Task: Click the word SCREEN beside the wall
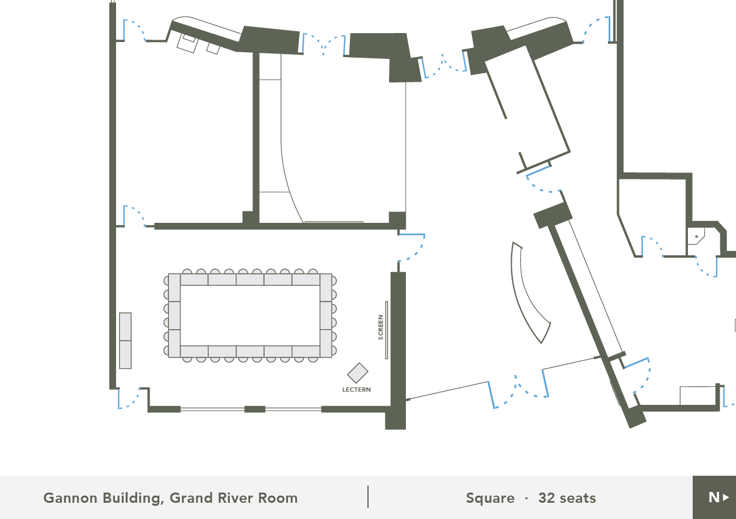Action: (381, 327)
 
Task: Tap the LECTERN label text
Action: (357, 390)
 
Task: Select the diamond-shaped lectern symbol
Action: (358, 373)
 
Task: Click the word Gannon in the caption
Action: (70, 498)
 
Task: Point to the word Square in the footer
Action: (490, 499)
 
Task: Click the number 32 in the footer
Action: (547, 498)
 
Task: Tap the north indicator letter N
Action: (714, 497)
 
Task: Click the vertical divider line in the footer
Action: (368, 497)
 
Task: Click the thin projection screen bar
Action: (387, 330)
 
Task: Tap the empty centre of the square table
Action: (250, 315)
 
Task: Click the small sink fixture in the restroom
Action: (696, 236)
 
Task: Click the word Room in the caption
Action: (278, 498)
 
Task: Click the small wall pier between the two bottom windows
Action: (254, 409)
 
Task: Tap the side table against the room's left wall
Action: (125, 341)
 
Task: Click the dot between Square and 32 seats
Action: (526, 499)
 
